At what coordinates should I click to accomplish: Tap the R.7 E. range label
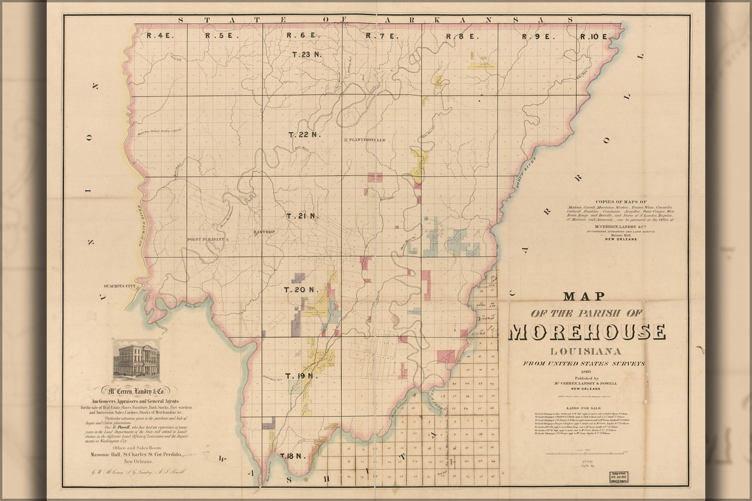pyautogui.click(x=381, y=36)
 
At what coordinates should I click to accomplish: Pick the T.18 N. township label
pyautogui.click(x=293, y=456)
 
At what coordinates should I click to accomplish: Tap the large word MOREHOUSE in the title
pyautogui.click(x=588, y=332)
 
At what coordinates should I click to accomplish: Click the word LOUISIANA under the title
pyautogui.click(x=587, y=350)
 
